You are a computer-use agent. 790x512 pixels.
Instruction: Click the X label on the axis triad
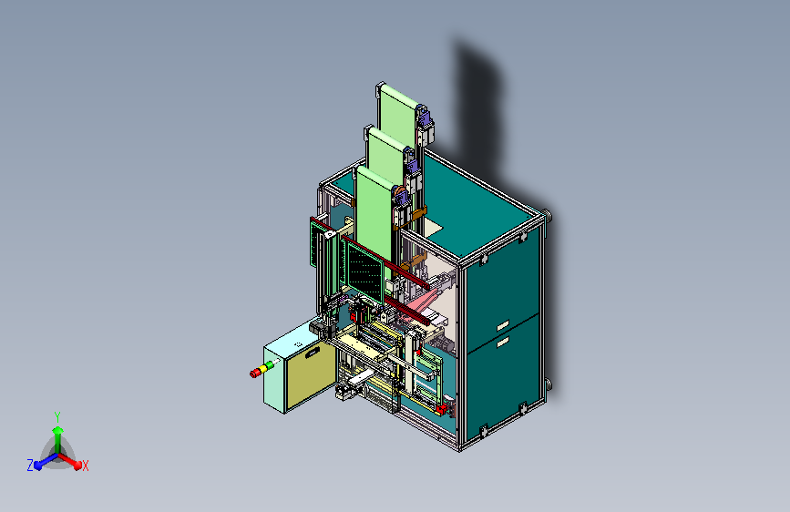coord(85,466)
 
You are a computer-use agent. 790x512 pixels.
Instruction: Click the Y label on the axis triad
coord(57,416)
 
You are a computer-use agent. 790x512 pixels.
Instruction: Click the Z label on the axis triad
coord(30,466)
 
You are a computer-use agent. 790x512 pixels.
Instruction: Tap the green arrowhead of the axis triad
coord(58,430)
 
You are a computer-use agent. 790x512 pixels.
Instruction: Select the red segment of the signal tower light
coord(255,373)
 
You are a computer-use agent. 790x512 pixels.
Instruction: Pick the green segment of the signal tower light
coord(270,364)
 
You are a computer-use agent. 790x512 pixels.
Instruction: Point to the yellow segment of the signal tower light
coord(263,368)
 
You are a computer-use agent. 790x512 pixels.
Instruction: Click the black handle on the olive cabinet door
coord(313,353)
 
